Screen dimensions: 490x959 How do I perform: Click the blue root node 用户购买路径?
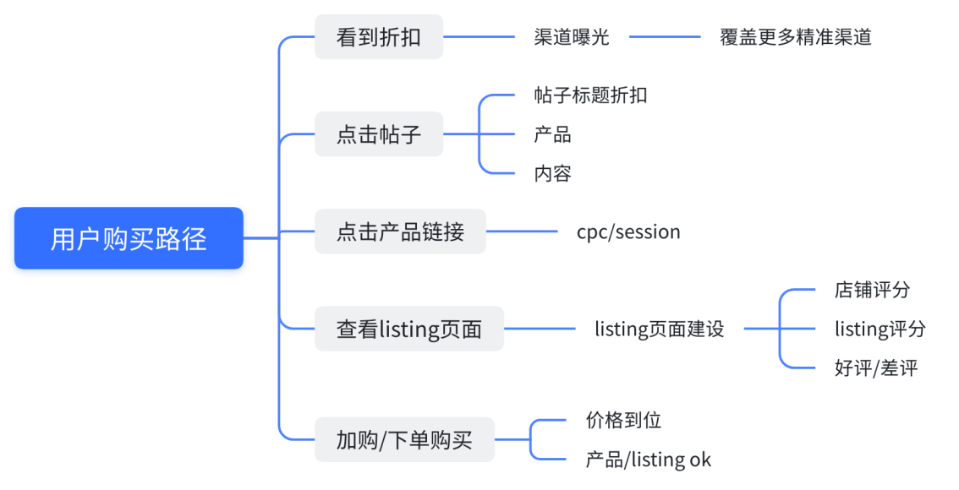coord(129,238)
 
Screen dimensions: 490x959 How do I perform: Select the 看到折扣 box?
coord(378,37)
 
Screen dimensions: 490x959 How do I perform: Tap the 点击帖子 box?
coord(378,134)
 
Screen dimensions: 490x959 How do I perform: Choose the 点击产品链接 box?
coord(400,231)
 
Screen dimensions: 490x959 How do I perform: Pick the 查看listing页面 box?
coord(408,329)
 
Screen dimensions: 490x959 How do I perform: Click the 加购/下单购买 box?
coord(403,439)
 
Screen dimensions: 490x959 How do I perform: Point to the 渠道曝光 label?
coord(571,37)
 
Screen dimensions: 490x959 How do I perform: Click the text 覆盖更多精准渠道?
coord(795,37)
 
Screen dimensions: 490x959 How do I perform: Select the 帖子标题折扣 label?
coord(590,95)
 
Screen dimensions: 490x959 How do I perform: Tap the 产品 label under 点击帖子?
coord(552,134)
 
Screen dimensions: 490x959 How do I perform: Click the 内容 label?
coord(552,173)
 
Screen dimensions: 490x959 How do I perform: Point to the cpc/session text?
coord(628,231)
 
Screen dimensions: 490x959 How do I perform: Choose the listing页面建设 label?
coord(660,329)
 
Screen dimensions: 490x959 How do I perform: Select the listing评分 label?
coord(880,329)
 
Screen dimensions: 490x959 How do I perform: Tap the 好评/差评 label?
coord(875,367)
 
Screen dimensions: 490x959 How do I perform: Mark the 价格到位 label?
coord(623,420)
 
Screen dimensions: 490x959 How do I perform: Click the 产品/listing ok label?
coord(648,460)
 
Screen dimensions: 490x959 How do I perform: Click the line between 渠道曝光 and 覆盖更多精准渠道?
coord(665,37)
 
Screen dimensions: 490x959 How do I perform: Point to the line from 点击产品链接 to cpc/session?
coord(522,231)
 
